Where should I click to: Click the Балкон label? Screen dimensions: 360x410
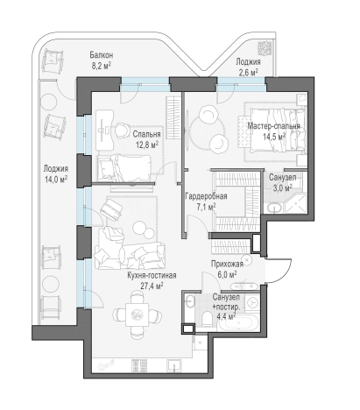(x=101, y=55)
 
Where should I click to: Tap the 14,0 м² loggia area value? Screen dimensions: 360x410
(x=56, y=180)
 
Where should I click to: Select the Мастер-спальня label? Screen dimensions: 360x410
(x=273, y=126)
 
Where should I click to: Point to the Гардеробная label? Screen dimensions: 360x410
(x=206, y=196)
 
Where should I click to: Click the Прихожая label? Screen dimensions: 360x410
(x=227, y=264)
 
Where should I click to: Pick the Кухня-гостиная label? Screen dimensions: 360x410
(x=152, y=275)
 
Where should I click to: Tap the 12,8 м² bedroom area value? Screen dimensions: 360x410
(x=147, y=145)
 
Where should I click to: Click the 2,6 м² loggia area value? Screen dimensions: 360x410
(x=248, y=73)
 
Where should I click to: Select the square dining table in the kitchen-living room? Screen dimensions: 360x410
(x=137, y=315)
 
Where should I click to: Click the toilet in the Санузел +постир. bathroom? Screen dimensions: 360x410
(x=208, y=319)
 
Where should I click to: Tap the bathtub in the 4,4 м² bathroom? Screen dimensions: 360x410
(x=238, y=322)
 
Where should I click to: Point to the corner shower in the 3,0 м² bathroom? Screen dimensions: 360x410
(x=295, y=203)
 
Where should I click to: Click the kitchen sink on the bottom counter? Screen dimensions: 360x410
(x=174, y=366)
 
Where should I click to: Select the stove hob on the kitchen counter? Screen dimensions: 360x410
(x=139, y=365)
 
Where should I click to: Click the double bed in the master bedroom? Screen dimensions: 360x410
(x=277, y=130)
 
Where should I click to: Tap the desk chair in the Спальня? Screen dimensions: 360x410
(x=122, y=131)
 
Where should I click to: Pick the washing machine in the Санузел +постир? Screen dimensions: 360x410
(x=251, y=303)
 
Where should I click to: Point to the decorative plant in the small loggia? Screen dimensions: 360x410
(x=265, y=48)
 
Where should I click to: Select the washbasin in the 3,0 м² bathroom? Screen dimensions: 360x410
(x=274, y=208)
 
